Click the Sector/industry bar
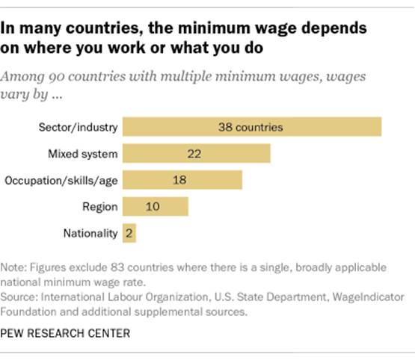tap(251, 127)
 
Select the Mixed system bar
tap(196, 154)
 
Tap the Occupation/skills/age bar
tap(182, 180)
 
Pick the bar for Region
tap(155, 207)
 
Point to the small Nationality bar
tap(129, 233)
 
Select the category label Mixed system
tap(84, 154)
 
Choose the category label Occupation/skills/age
tap(61, 181)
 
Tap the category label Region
tap(100, 207)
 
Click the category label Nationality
tap(90, 234)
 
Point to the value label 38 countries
tap(252, 127)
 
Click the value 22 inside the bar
tap(196, 154)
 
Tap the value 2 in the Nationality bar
tap(129, 233)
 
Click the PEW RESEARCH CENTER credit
tap(66, 334)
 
